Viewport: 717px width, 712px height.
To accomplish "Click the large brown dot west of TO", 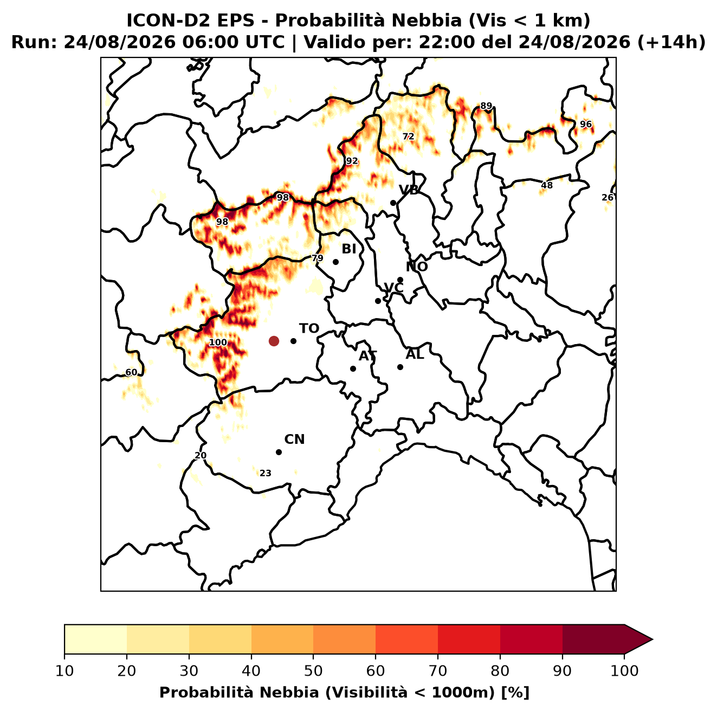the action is pyautogui.click(x=274, y=341).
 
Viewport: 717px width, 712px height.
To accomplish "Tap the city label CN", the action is pyautogui.click(x=294, y=439).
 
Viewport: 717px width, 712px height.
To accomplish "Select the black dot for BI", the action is pyautogui.click(x=335, y=262).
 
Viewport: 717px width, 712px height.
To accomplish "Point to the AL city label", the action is pyautogui.click(x=415, y=354).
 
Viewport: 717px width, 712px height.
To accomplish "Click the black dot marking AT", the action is pyautogui.click(x=353, y=369).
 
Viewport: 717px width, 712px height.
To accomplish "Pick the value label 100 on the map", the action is pyautogui.click(x=218, y=342).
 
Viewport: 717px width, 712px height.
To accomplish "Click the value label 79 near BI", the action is pyautogui.click(x=318, y=258).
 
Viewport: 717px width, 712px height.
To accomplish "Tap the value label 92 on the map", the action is pyautogui.click(x=352, y=161).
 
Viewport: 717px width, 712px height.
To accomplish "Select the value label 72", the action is pyautogui.click(x=408, y=137).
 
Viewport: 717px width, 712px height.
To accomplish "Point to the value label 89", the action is pyautogui.click(x=486, y=106).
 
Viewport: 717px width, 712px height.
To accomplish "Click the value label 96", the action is pyautogui.click(x=586, y=124).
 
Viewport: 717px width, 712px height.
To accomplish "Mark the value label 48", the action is pyautogui.click(x=547, y=185).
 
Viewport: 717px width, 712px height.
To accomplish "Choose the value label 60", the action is pyautogui.click(x=131, y=373).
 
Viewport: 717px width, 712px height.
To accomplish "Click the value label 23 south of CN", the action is pyautogui.click(x=266, y=474).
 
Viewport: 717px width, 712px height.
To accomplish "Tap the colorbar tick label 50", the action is pyautogui.click(x=313, y=671).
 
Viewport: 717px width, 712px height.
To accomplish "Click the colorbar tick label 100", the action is pyautogui.click(x=624, y=671).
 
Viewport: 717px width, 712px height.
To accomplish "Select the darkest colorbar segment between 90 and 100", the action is pyautogui.click(x=593, y=639).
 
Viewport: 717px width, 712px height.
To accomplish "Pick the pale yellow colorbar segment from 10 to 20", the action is pyautogui.click(x=95, y=639).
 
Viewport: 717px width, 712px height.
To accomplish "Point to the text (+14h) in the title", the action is pyautogui.click(x=671, y=42).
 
